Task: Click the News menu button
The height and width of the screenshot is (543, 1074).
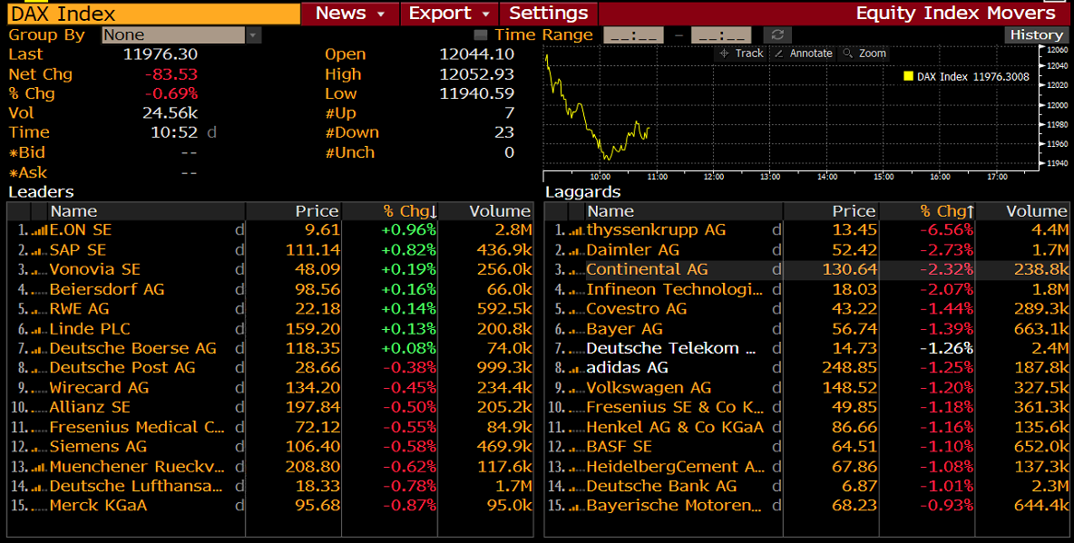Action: (350, 14)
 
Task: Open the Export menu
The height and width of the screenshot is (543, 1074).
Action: (449, 14)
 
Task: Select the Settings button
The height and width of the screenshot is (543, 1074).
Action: (548, 14)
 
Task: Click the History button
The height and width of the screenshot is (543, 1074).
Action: (1036, 34)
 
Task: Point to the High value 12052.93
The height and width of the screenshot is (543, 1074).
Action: (476, 74)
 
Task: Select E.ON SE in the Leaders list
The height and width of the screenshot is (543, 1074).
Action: (81, 230)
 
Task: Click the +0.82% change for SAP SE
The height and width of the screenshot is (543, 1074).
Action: (408, 250)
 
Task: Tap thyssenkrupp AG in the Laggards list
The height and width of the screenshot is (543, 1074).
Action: (656, 230)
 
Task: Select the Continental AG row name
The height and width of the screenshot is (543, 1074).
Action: (647, 269)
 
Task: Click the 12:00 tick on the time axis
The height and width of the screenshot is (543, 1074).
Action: (714, 176)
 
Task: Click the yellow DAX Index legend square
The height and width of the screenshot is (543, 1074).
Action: (908, 76)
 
